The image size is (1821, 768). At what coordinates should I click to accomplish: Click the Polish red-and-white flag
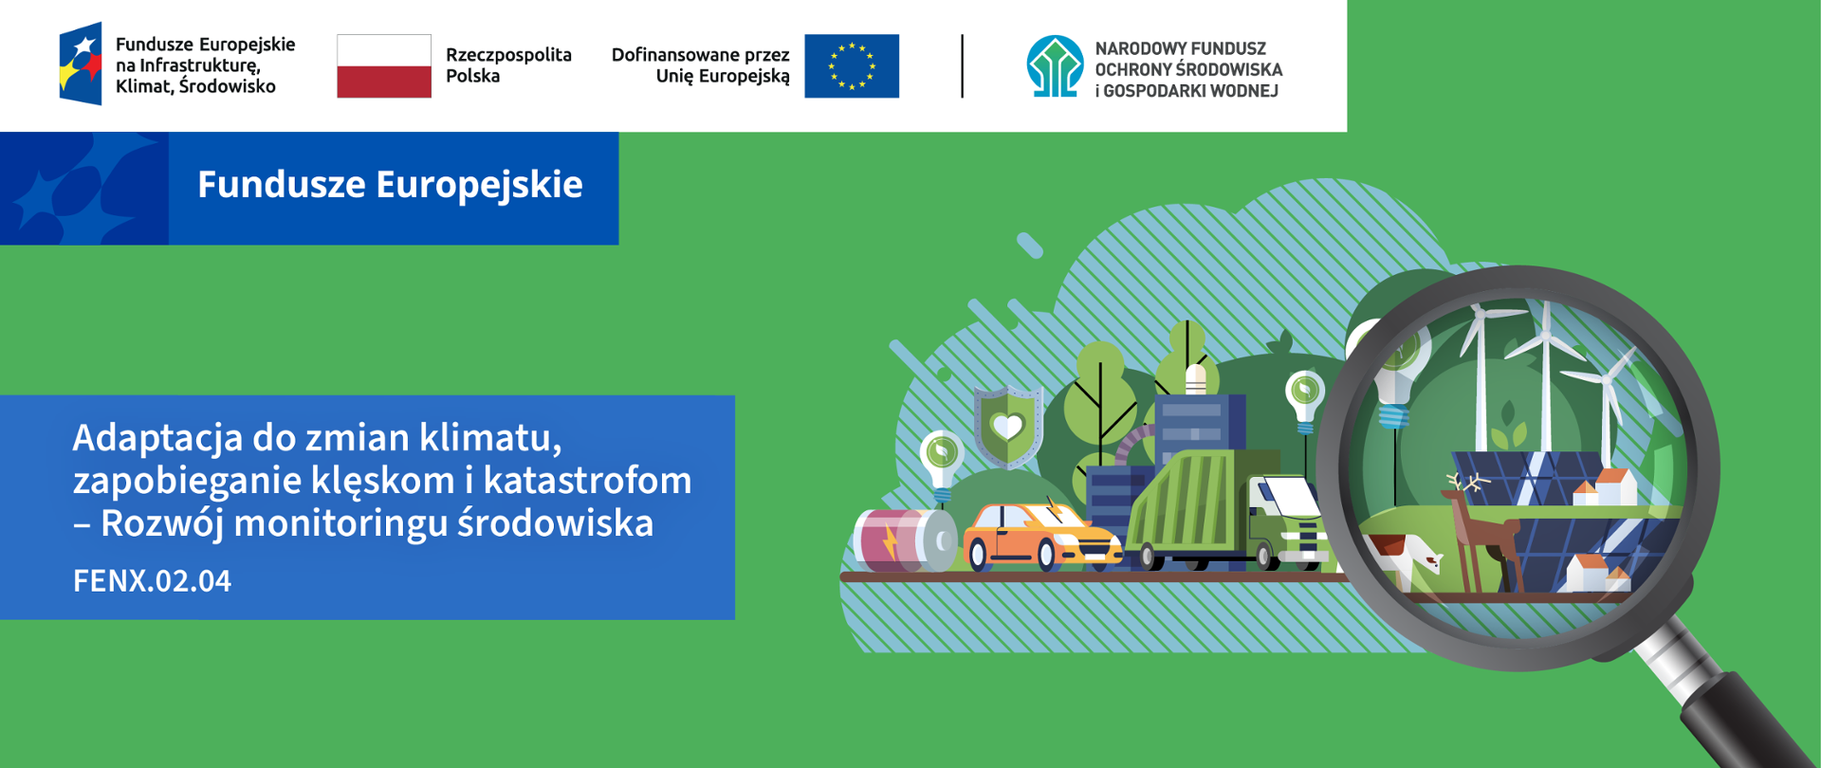[x=384, y=66]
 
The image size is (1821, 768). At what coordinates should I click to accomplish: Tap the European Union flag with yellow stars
[x=852, y=66]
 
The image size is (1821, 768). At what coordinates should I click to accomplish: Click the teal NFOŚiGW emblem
[x=1055, y=66]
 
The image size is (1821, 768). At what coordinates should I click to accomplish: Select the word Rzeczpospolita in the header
[x=508, y=55]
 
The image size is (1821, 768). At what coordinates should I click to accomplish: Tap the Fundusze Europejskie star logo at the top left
[x=81, y=64]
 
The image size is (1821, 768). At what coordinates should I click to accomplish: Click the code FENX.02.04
[x=152, y=580]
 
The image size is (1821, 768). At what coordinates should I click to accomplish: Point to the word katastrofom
[x=588, y=480]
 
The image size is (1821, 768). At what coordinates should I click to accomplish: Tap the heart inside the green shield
[x=1007, y=427]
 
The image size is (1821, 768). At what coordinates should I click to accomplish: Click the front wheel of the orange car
[x=1046, y=556]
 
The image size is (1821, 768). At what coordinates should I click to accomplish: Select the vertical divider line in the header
[x=963, y=66]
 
